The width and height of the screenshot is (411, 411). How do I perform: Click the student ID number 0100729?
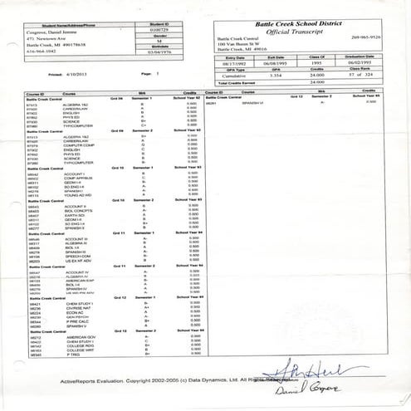pos(159,31)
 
